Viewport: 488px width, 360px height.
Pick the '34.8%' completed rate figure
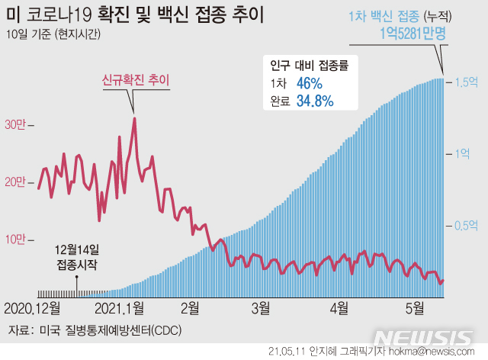click(315, 101)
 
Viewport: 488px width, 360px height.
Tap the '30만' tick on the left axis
click(16, 124)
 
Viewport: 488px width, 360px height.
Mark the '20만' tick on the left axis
click(16, 182)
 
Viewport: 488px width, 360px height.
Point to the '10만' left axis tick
click(16, 239)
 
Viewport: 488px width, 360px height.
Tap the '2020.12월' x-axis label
click(33, 309)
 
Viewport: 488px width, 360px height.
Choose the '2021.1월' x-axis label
click(120, 309)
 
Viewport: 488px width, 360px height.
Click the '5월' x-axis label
click(415, 309)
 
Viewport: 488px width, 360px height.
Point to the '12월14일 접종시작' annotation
click(77, 258)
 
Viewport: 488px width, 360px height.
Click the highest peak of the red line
click(134, 118)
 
